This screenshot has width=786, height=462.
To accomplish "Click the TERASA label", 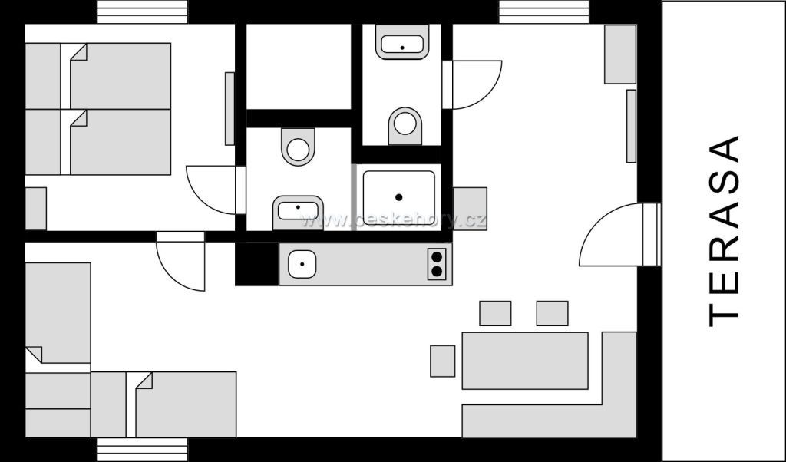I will [x=725, y=230].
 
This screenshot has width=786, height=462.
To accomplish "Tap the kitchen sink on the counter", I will [x=302, y=265].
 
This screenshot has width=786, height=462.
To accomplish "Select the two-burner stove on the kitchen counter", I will [x=437, y=263].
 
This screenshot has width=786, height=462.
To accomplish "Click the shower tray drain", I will [x=398, y=197].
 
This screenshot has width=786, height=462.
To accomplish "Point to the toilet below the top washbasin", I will [x=405, y=125].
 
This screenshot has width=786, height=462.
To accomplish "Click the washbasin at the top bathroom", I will [x=401, y=42].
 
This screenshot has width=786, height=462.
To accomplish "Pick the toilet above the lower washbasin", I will [x=298, y=146].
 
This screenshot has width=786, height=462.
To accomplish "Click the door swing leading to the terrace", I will [x=614, y=234].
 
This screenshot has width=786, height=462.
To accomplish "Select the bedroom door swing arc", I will [x=211, y=190].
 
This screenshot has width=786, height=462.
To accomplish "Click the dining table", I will [x=525, y=360].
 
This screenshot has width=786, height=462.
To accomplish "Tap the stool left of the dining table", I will [x=442, y=361].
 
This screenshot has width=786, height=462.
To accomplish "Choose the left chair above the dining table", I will [x=495, y=313].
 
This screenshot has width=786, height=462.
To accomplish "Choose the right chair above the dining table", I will [x=552, y=313].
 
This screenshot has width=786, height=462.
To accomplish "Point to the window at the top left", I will [x=143, y=12].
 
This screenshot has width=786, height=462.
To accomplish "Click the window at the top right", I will [x=544, y=12].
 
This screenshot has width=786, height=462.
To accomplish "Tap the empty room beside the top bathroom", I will [x=298, y=66].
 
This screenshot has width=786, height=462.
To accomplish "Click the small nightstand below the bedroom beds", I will [x=35, y=208].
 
